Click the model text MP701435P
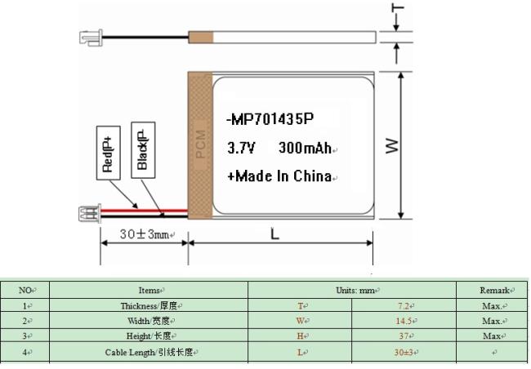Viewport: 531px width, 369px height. coord(270,120)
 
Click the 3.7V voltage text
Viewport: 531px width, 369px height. coord(242,149)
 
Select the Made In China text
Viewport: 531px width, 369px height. coord(280,176)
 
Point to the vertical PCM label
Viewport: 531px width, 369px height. coord(200,146)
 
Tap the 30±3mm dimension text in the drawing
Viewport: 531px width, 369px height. coord(143,234)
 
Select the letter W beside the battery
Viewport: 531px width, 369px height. coord(392,145)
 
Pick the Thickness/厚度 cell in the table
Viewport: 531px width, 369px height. coord(149,305)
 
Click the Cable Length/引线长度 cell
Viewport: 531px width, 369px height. coord(149,352)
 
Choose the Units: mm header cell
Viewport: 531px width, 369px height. coord(353,290)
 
